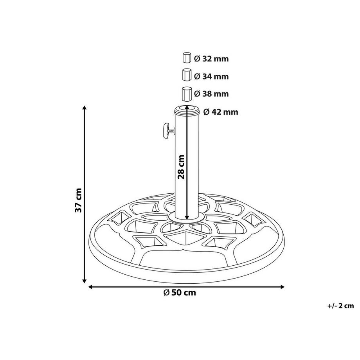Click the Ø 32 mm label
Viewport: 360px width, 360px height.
pyautogui.click(x=211, y=59)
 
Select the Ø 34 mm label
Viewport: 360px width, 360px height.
pyautogui.click(x=211, y=76)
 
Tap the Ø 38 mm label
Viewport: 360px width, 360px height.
pyautogui.click(x=211, y=94)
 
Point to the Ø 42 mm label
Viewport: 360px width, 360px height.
pyautogui.click(x=220, y=112)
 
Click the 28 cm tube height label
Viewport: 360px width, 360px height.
pyautogui.click(x=181, y=166)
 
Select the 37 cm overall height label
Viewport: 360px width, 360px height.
pyautogui.click(x=79, y=200)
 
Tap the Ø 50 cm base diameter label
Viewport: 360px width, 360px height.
pyautogui.click(x=180, y=293)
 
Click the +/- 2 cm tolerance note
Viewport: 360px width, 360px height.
pyautogui.click(x=340, y=306)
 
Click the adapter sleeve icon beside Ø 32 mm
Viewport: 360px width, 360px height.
pyautogui.click(x=186, y=58)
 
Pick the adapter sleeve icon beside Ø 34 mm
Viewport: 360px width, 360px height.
pyautogui.click(x=187, y=75)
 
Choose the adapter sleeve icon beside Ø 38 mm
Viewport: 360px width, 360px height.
pyautogui.click(x=187, y=94)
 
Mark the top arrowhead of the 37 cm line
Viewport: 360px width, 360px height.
pyautogui.click(x=84, y=108)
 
